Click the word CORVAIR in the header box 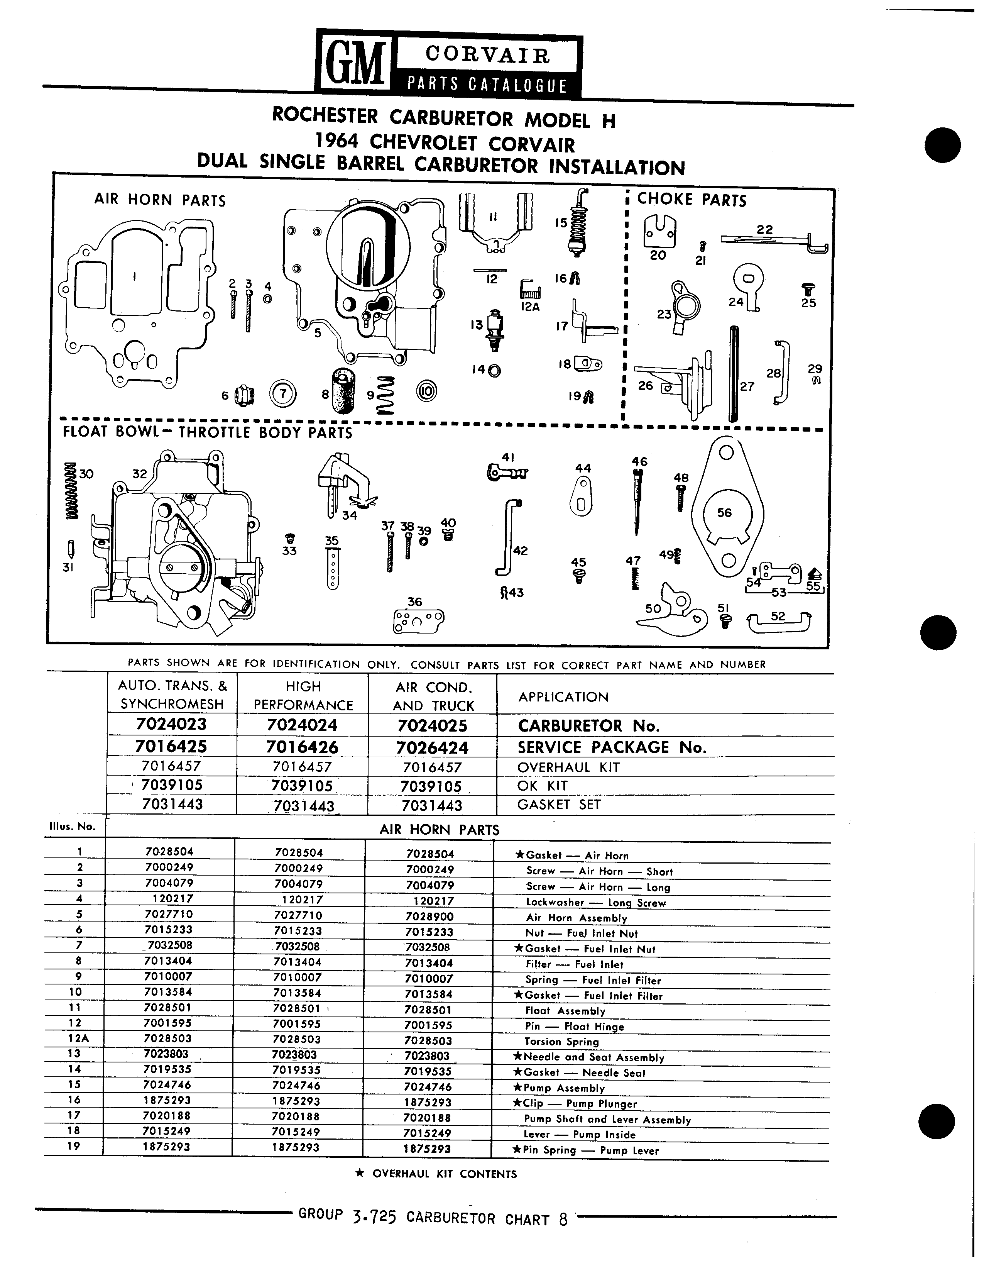(x=488, y=56)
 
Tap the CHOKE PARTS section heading (x=692, y=200)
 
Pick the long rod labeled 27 (x=733, y=373)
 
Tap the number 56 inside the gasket (x=724, y=512)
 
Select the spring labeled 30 (x=71, y=491)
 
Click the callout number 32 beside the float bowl (x=139, y=474)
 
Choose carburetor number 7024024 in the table (x=303, y=725)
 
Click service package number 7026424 (x=433, y=747)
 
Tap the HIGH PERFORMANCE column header (x=303, y=695)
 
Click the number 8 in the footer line (x=563, y=1220)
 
